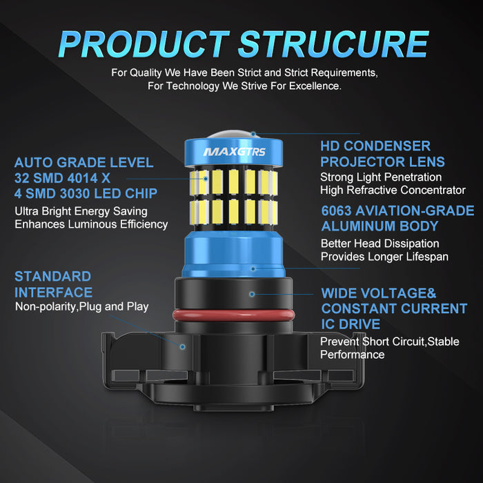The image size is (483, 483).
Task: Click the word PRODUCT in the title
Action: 144,44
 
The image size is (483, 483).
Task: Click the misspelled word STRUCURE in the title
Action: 333,44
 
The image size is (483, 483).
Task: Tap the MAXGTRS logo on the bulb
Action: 234,152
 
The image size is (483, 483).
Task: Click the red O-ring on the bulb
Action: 234,315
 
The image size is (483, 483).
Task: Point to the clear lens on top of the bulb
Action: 233,135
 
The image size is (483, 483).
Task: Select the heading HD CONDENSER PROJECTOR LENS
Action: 382,154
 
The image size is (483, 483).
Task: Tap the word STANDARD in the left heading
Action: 52,276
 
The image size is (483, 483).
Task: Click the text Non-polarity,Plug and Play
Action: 81,307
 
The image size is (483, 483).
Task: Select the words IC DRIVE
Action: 351,324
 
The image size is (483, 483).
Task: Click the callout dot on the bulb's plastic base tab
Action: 182,347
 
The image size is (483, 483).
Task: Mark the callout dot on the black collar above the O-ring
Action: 252,294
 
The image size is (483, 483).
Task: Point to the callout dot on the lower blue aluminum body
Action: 253,268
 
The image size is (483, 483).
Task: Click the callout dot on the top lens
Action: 253,134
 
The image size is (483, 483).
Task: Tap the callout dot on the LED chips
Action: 206,179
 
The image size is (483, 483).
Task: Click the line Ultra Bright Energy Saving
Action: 81,212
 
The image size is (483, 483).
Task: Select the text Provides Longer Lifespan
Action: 384,257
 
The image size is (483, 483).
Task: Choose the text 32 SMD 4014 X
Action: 62,178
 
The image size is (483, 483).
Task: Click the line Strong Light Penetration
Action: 381,177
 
